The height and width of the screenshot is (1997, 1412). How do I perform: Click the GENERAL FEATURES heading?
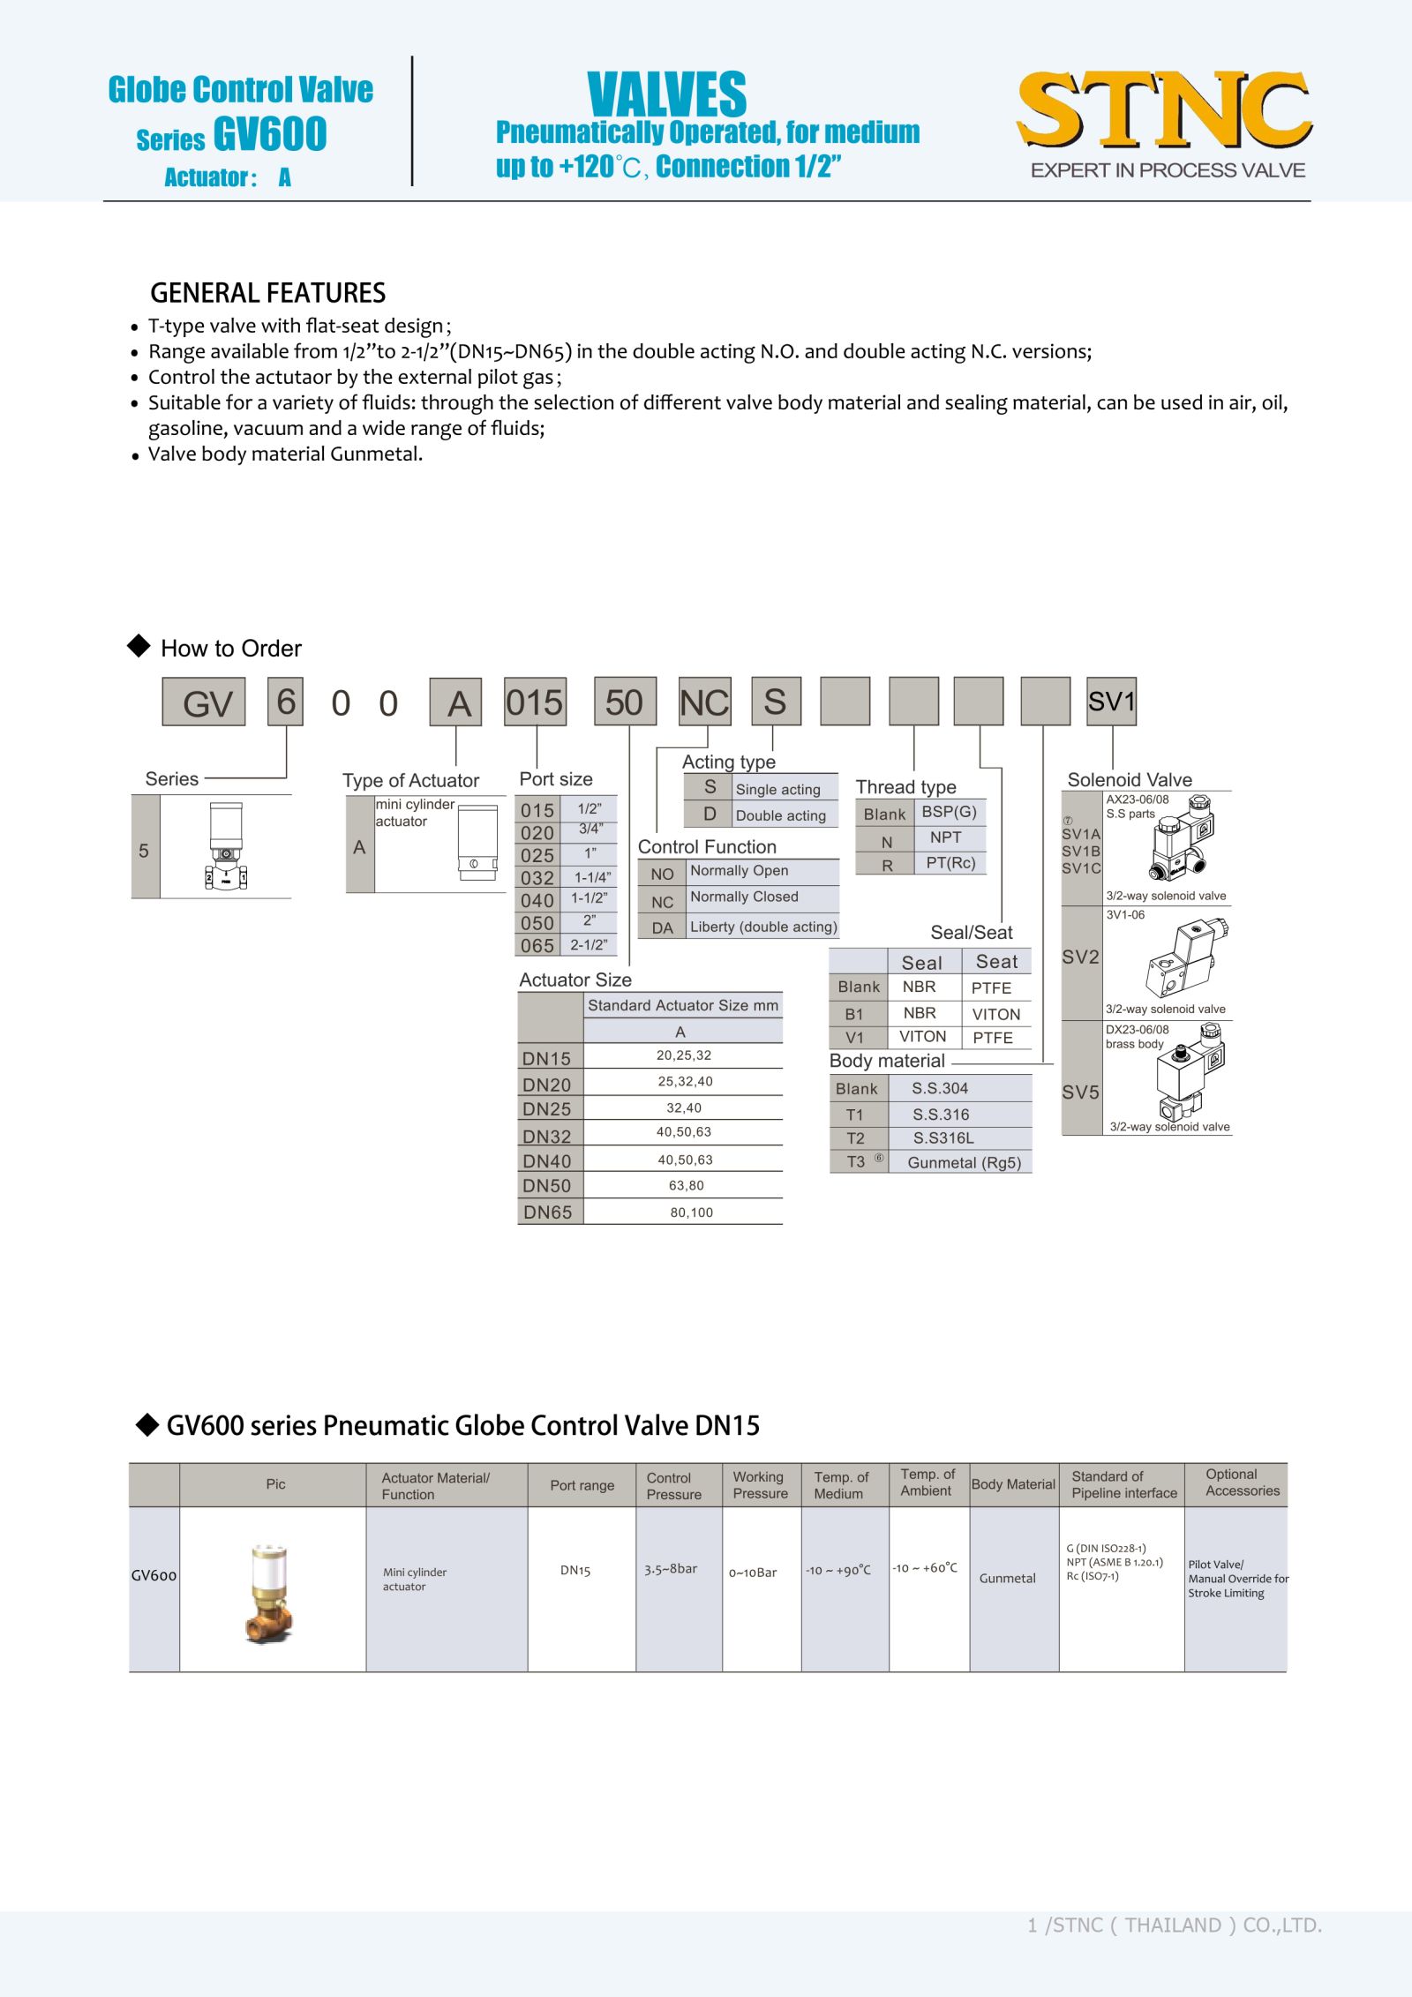[267, 293]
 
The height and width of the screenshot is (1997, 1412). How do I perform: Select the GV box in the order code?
[204, 702]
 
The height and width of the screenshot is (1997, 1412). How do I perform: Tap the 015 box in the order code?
[535, 702]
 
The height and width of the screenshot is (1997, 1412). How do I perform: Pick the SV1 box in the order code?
[1111, 702]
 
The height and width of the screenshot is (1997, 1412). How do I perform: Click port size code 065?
[537, 946]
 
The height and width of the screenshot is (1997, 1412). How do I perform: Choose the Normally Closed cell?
[744, 897]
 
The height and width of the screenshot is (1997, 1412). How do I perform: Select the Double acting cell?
[780, 815]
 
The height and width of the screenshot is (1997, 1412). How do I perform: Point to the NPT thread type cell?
[945, 837]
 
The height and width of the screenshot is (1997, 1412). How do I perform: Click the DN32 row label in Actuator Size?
[547, 1137]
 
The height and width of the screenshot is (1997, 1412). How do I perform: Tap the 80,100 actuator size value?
[691, 1212]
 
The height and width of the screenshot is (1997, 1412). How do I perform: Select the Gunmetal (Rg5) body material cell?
[964, 1163]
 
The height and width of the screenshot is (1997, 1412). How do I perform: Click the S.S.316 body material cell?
[941, 1115]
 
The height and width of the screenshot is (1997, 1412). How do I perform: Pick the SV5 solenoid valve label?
[1080, 1092]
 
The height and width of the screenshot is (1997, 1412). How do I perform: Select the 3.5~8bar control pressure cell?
[671, 1569]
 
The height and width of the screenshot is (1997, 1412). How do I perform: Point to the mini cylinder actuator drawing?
[477, 843]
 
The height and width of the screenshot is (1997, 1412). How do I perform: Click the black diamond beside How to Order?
[139, 646]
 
